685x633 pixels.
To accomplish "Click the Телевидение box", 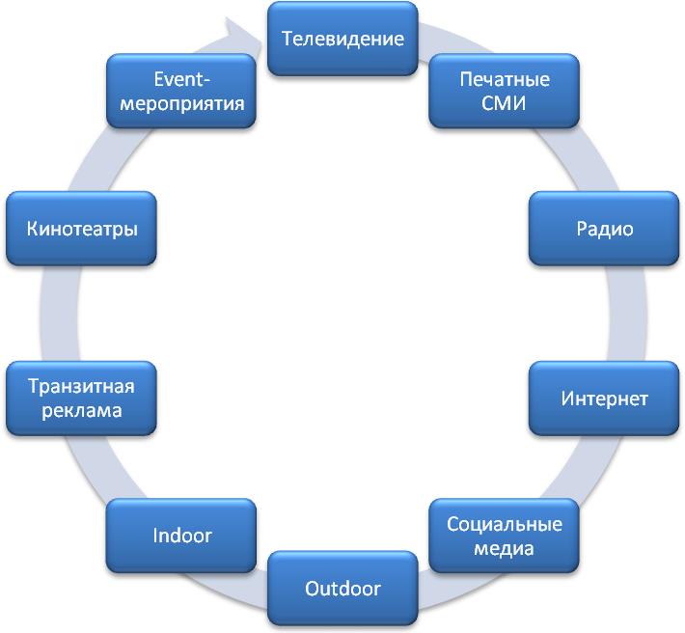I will pyautogui.click(x=342, y=39).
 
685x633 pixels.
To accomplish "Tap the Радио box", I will pyautogui.click(x=604, y=229).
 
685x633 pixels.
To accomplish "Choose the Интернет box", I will pyautogui.click(x=604, y=399).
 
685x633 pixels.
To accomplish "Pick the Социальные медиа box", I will pyautogui.click(x=504, y=536).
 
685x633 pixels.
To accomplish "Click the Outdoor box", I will pyautogui.click(x=342, y=588).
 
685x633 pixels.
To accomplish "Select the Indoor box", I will pyautogui.click(x=181, y=536).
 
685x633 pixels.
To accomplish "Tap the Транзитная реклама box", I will pyautogui.click(x=81, y=399).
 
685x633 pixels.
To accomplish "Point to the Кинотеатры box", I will pyautogui.click(x=81, y=229).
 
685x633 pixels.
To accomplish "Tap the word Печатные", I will pyautogui.click(x=504, y=78).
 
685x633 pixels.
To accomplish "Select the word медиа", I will pyautogui.click(x=504, y=548).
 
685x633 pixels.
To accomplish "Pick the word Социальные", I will pyautogui.click(x=504, y=524).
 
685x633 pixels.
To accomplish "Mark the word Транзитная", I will pyautogui.click(x=81, y=387).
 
